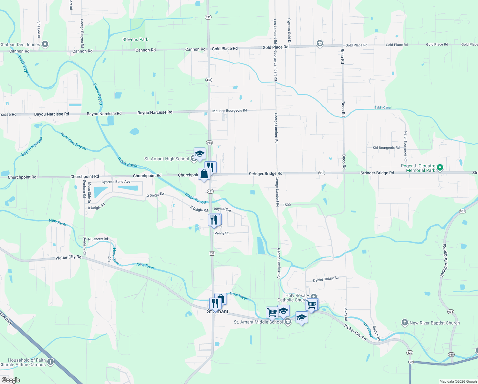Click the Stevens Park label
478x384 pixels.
(x=135, y=40)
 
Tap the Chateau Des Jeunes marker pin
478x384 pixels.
(x=45, y=44)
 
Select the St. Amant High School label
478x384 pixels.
(x=166, y=159)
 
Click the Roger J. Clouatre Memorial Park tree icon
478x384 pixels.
(x=440, y=167)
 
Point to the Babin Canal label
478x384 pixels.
(x=383, y=108)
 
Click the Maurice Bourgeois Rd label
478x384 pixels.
(x=229, y=111)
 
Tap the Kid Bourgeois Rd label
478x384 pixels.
(x=386, y=148)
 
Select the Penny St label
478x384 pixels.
(x=221, y=233)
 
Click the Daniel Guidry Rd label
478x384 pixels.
(x=326, y=279)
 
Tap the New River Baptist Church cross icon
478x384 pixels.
(x=405, y=323)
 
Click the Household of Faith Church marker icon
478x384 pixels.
(x=50, y=362)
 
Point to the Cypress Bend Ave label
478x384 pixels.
(x=116, y=182)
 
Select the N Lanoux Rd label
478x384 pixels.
(x=98, y=239)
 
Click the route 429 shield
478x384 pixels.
(x=410, y=353)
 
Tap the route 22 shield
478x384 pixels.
(x=411, y=362)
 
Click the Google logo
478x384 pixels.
(x=11, y=380)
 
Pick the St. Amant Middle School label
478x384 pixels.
(x=258, y=322)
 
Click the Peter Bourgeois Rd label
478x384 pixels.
(x=405, y=146)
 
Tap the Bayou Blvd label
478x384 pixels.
(x=222, y=209)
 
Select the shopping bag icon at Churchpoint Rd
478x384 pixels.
(x=204, y=174)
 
